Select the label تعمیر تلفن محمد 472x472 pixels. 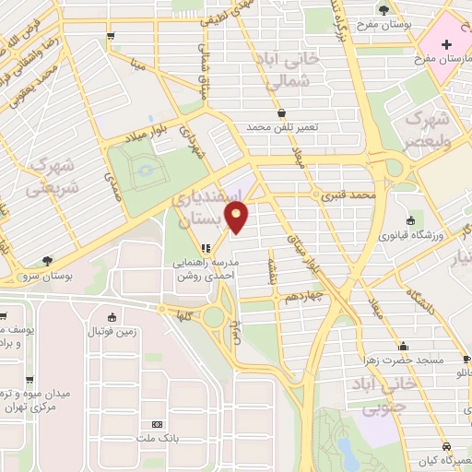pyautogui.click(x=280, y=126)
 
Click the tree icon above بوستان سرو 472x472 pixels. pyautogui.click(x=47, y=261)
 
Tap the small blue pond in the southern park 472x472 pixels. pyautogui.click(x=345, y=449)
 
